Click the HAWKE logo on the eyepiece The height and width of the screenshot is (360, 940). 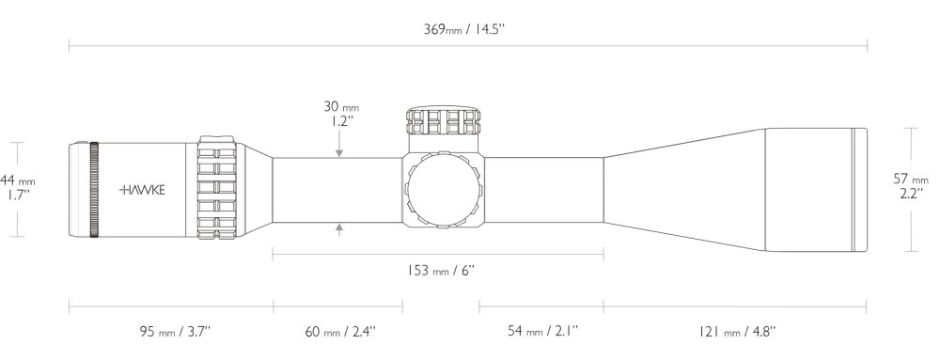click(x=142, y=190)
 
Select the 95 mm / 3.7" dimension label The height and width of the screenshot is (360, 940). click(x=175, y=331)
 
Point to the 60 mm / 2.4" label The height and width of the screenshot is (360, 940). click(x=340, y=331)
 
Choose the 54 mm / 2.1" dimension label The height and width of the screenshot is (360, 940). click(x=543, y=331)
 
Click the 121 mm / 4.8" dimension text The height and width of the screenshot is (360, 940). click(x=737, y=331)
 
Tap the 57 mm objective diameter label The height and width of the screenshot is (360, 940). click(x=911, y=180)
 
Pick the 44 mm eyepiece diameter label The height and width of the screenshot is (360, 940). click(x=18, y=180)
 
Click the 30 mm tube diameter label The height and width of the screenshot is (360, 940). click(x=341, y=107)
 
